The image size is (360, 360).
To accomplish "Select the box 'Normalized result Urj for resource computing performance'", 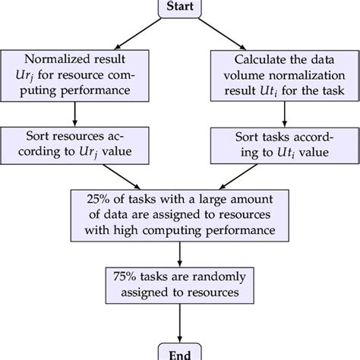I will pyautogui.click(x=74, y=76).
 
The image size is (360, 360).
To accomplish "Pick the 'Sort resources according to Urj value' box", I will pyautogui.click(x=74, y=145).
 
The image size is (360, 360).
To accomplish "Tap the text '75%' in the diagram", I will pyautogui.click(x=123, y=276).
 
